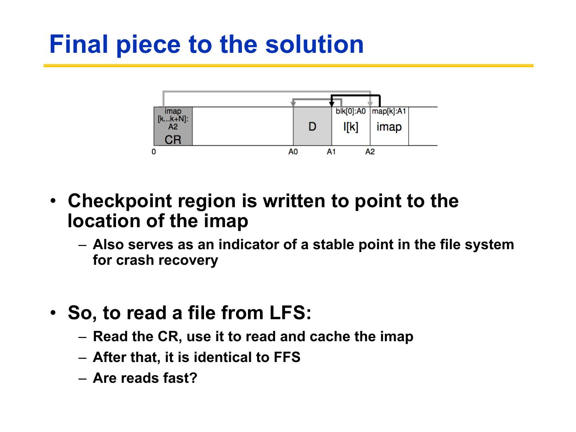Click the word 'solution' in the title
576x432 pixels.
point(314,44)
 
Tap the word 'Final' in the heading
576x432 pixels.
point(78,44)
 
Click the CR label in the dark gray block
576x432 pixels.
point(173,140)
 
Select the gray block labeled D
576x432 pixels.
point(312,126)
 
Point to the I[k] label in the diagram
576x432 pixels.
point(351,127)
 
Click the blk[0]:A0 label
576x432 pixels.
point(351,111)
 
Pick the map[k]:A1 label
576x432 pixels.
point(389,111)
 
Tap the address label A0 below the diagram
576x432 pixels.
point(293,152)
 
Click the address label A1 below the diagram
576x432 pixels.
point(331,152)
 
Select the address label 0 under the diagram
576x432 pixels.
point(154,152)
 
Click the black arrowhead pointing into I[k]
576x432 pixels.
point(332,104)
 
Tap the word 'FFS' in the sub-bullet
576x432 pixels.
point(287,357)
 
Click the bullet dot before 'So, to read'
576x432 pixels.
point(54,313)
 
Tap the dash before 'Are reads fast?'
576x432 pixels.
point(83,378)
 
